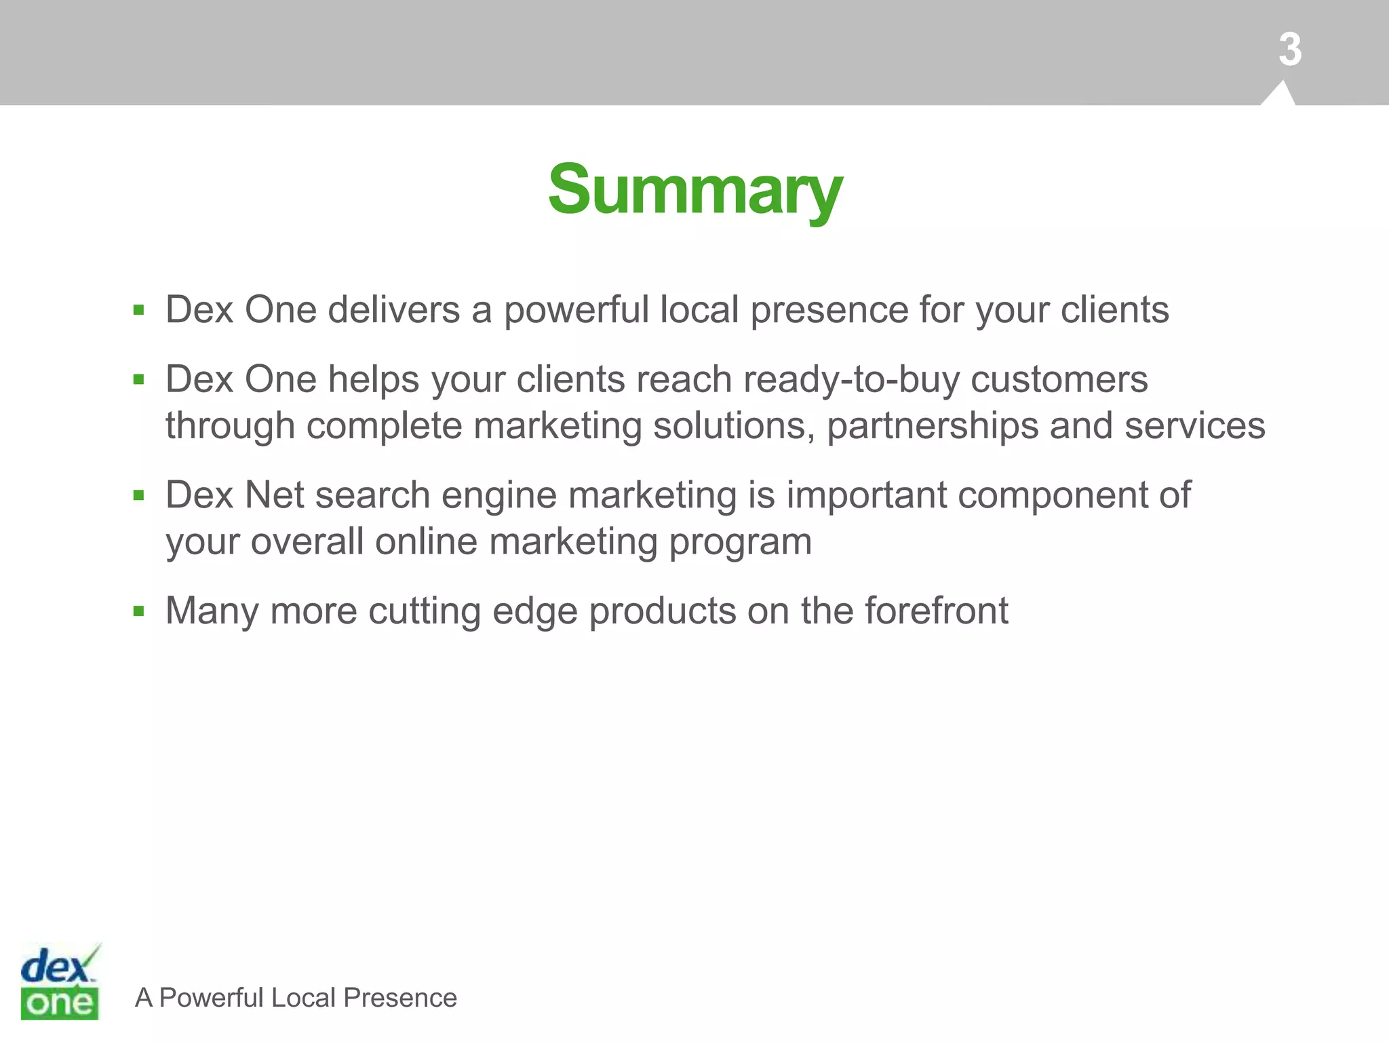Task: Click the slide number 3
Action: tap(1289, 50)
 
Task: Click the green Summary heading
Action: tap(695, 190)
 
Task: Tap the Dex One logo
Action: tap(60, 982)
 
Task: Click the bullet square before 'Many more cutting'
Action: tap(139, 611)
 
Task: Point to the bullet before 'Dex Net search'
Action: tap(139, 495)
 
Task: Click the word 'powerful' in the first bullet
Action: tap(576, 311)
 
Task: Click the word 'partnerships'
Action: tap(932, 426)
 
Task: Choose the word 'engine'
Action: tap(498, 496)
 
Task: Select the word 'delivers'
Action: tap(394, 310)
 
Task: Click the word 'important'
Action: tap(866, 496)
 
